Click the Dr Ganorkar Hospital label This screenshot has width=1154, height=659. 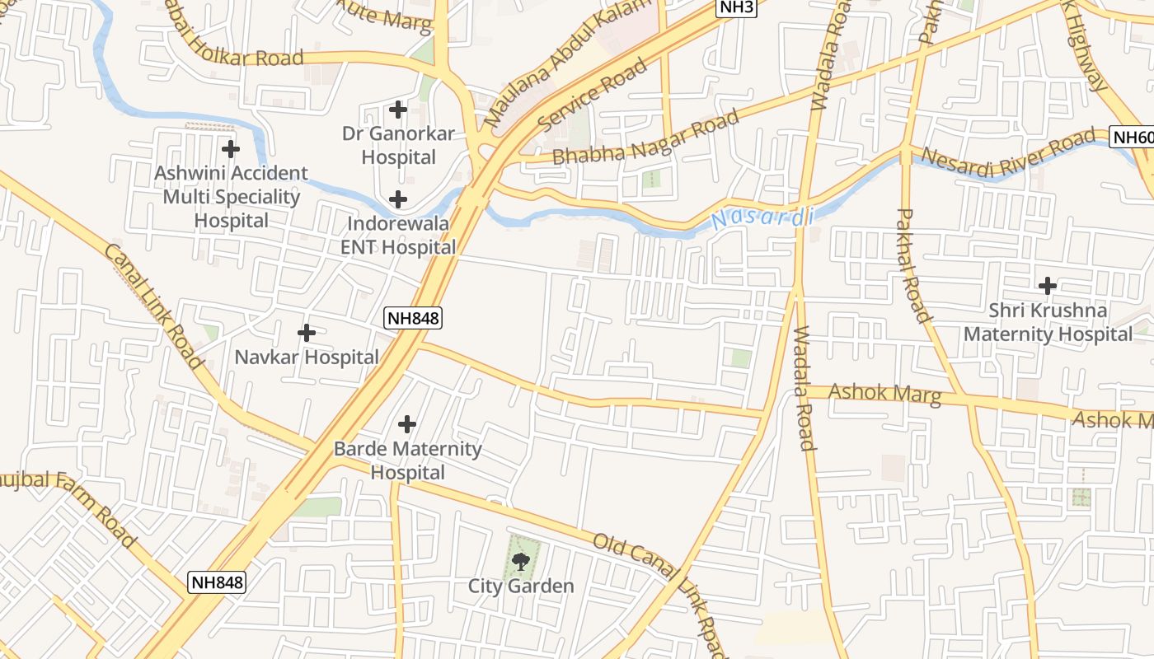pos(399,145)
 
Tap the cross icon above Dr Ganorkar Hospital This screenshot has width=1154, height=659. pos(398,109)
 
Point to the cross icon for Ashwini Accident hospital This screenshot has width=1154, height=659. pos(231,149)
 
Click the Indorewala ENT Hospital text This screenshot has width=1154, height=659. pos(398,236)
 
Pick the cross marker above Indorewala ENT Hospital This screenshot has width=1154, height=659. pos(398,199)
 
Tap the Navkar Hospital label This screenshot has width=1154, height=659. pos(307,358)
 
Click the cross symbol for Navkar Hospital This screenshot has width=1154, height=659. pos(307,333)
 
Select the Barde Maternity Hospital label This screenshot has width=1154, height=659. pos(407,460)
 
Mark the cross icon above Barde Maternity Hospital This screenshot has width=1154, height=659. pos(407,424)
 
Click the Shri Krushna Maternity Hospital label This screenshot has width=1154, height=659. pos(1048,322)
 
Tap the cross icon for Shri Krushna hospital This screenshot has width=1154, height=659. pos(1048,286)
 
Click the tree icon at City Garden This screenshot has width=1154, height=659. pos(520,562)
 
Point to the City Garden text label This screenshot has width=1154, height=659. pos(521,587)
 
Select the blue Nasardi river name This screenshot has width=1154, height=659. pos(762,218)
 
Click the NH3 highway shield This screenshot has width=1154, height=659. pos(736,8)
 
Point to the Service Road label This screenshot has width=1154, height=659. pos(593,96)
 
